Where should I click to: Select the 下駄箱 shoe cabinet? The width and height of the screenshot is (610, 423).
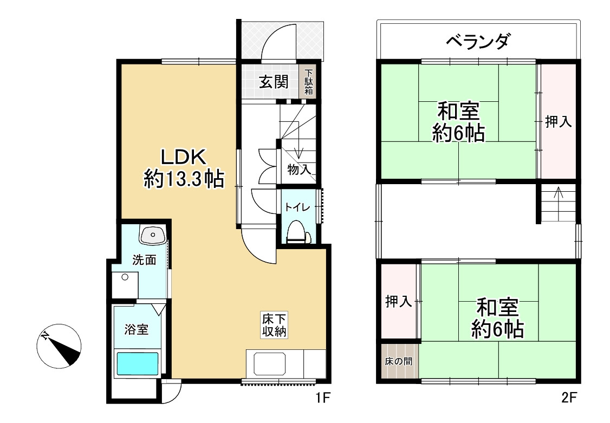[308, 82]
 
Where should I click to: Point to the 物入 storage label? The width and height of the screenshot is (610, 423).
[299, 170]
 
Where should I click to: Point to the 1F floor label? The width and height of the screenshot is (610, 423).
[323, 399]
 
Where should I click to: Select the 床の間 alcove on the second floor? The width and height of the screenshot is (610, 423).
[399, 361]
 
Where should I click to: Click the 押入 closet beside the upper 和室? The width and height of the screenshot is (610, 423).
[558, 122]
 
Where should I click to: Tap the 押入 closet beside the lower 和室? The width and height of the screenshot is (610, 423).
[398, 302]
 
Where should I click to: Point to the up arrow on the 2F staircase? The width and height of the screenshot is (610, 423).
[559, 193]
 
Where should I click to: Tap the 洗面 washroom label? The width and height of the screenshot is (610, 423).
[145, 260]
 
